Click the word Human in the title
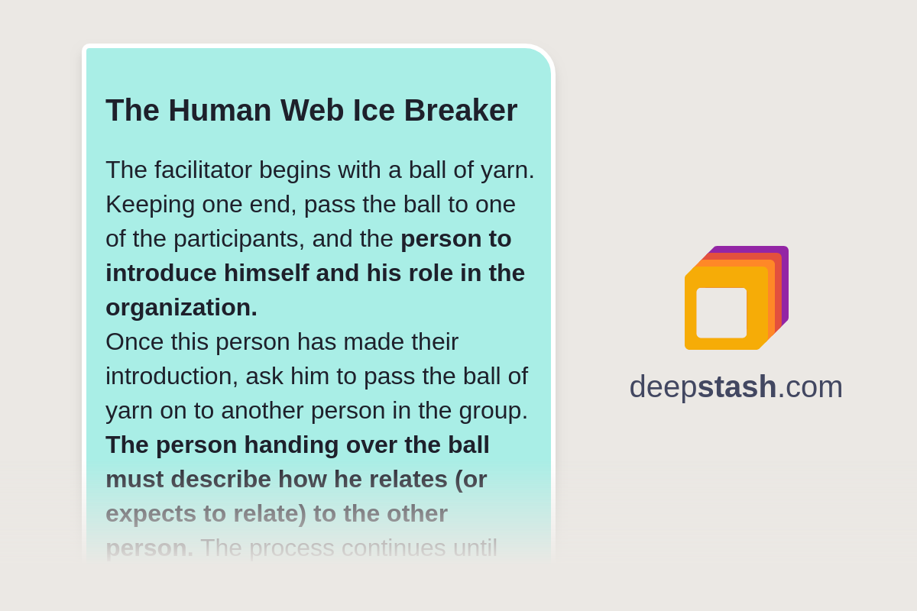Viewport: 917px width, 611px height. [x=219, y=110]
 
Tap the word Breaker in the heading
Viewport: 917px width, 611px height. [x=461, y=110]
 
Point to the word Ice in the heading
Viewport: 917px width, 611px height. [x=374, y=110]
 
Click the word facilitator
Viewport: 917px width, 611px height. [x=203, y=170]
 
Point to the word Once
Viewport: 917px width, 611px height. [x=134, y=341]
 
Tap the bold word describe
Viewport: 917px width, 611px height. [x=221, y=479]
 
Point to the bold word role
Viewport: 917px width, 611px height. [x=431, y=273]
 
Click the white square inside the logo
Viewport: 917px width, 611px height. [x=721, y=312]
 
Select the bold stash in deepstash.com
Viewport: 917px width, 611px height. [x=737, y=386]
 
